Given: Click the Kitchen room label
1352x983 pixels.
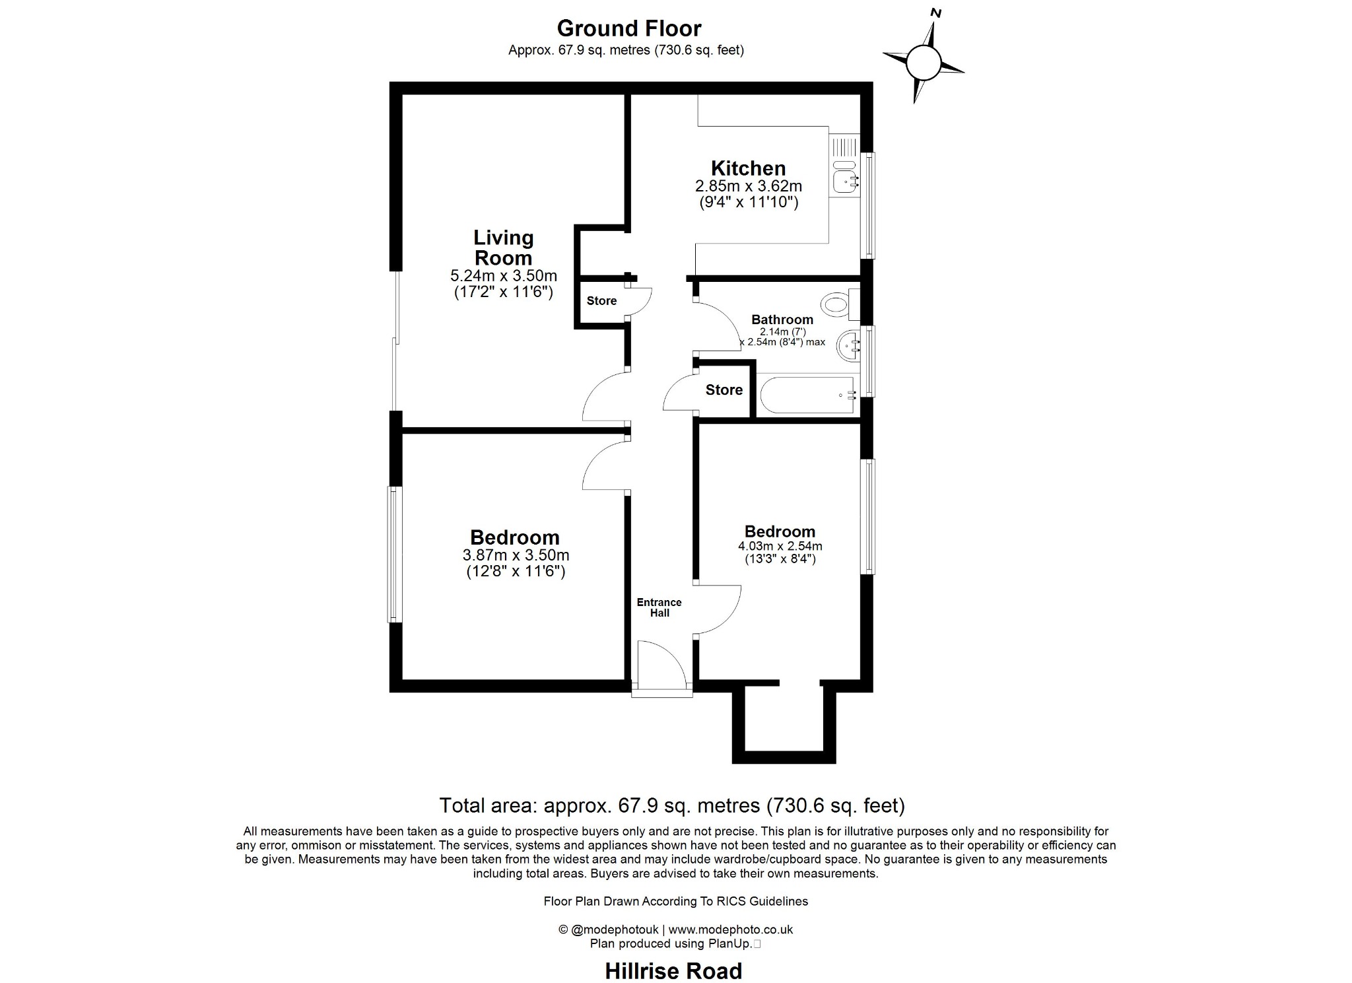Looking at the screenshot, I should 748,168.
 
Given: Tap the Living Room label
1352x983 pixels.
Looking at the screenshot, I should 503,248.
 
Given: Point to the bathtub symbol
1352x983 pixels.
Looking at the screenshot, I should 807,395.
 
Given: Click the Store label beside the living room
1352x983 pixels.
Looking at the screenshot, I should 601,301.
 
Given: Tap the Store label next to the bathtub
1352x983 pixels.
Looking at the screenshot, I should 724,390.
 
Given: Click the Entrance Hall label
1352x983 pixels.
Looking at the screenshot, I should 659,607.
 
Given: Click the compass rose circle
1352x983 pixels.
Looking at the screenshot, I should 923,63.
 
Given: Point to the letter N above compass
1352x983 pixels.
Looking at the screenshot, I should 935,13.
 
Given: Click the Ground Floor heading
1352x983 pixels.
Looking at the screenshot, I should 628,28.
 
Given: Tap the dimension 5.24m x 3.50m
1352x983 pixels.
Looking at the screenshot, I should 503,275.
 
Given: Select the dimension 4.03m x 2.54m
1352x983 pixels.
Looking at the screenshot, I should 780,546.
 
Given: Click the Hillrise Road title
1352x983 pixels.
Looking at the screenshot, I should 673,970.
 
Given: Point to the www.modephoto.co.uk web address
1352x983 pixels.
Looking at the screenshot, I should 730,930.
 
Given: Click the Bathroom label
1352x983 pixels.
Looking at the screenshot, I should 782,320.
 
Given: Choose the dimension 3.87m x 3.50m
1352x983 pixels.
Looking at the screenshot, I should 516,555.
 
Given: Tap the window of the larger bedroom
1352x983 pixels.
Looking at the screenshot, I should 394,555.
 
